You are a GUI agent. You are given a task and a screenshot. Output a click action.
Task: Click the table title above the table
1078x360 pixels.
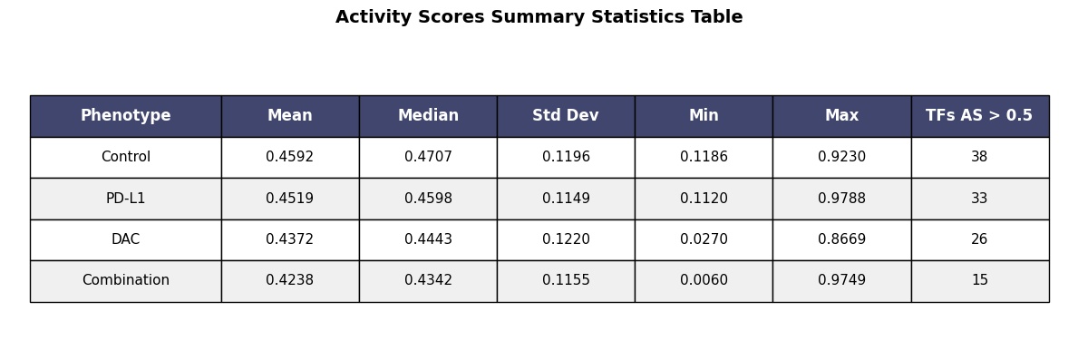(539, 17)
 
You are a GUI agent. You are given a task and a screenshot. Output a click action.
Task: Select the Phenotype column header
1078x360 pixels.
(126, 116)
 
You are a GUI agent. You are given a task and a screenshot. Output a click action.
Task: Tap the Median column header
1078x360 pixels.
(428, 116)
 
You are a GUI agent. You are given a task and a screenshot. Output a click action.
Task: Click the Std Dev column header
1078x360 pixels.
(566, 116)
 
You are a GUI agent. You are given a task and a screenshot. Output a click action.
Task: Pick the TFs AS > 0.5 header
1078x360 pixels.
(980, 116)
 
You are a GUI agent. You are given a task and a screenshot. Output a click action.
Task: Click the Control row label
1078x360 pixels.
(126, 157)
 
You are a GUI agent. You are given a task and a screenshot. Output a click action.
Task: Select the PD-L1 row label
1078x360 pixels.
(126, 199)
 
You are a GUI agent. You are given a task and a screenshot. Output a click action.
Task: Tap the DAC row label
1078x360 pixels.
(126, 239)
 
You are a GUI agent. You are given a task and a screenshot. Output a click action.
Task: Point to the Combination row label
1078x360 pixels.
(126, 280)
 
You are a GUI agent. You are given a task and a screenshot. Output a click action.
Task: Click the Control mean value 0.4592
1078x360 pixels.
(290, 157)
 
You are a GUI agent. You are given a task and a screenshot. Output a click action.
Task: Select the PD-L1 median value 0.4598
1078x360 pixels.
(428, 199)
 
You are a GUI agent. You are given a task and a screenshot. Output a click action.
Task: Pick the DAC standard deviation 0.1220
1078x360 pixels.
(566, 239)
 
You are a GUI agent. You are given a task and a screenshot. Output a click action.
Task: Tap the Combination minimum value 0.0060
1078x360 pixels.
(704, 280)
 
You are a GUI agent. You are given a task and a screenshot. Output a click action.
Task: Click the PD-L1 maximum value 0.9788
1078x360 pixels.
(842, 199)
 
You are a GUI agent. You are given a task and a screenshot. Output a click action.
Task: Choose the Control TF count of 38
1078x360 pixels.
(980, 157)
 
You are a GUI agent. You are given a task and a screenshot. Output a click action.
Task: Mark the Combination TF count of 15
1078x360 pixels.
(980, 280)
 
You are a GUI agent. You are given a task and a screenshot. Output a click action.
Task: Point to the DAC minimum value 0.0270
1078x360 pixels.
(704, 239)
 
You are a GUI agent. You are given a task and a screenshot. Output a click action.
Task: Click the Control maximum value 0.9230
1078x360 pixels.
(842, 157)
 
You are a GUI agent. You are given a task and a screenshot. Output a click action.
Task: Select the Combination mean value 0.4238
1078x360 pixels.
(290, 280)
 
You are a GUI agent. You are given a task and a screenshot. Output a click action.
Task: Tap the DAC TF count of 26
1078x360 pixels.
(980, 239)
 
